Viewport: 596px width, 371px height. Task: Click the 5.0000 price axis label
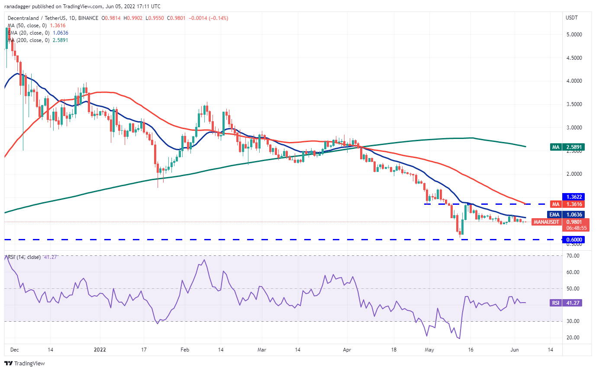(574, 35)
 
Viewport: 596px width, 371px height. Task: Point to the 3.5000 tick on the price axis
(574, 104)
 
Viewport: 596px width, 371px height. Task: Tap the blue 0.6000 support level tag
(573, 239)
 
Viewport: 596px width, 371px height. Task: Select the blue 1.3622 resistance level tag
(573, 197)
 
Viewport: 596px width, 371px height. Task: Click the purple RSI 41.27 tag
(566, 303)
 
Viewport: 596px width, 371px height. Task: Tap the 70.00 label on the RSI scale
(573, 256)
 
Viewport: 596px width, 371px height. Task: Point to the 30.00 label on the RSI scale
(573, 321)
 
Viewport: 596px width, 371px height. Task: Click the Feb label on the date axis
(185, 350)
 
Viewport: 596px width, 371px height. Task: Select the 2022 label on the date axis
(100, 350)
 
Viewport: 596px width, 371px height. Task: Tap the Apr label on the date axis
(347, 350)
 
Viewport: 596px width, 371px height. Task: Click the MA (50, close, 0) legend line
(36, 26)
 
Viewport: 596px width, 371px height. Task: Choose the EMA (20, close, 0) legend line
(38, 33)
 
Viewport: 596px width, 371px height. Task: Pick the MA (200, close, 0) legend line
(38, 40)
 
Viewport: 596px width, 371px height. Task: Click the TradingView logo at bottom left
(25, 363)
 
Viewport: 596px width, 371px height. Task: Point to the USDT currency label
(571, 18)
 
